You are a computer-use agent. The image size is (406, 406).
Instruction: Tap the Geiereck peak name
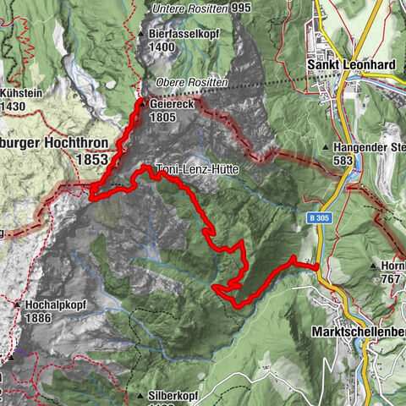point(173,104)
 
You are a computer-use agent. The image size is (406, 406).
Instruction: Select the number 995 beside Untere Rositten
point(240,8)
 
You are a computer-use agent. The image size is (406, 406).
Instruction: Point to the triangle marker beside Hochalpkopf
point(16,304)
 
